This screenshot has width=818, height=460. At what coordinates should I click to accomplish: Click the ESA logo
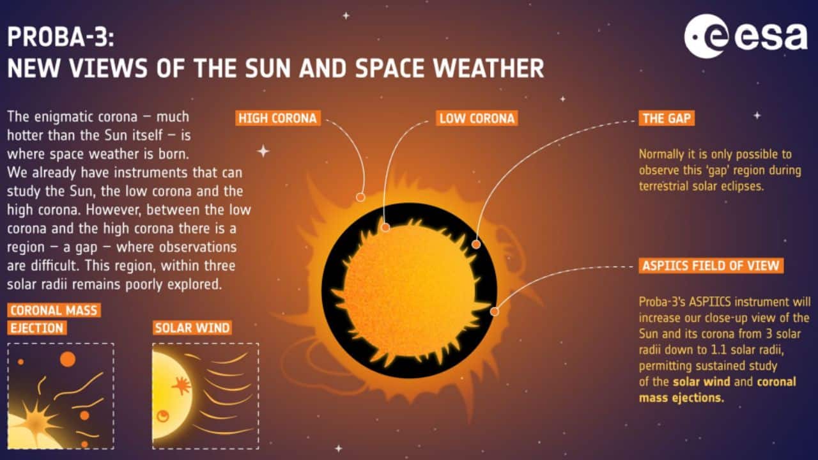[745, 36]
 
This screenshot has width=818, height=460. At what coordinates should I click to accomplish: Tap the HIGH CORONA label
[278, 118]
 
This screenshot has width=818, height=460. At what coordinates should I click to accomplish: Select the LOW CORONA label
[477, 118]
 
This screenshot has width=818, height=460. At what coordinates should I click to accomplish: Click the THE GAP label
[667, 118]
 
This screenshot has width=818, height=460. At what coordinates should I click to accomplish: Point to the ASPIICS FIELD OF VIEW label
[711, 265]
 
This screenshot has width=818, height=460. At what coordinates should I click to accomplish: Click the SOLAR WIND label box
[192, 328]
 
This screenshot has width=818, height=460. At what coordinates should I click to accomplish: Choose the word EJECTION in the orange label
[37, 328]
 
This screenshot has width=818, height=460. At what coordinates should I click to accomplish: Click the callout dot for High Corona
[360, 197]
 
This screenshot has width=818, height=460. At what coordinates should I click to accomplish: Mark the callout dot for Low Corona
[385, 228]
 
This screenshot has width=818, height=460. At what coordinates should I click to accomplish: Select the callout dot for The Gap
[476, 244]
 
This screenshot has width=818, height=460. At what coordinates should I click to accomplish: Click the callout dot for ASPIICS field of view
[495, 311]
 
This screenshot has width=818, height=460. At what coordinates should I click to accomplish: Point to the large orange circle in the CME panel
[68, 359]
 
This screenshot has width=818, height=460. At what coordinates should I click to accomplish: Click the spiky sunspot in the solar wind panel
[181, 385]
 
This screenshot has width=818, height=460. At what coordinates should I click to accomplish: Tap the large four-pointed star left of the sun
[263, 151]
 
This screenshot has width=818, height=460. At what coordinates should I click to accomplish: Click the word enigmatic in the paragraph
[68, 118]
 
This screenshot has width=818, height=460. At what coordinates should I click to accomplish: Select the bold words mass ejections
[681, 398]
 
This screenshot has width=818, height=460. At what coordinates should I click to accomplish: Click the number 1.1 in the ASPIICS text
[719, 349]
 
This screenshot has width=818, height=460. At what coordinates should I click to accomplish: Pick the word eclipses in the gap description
[742, 187]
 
